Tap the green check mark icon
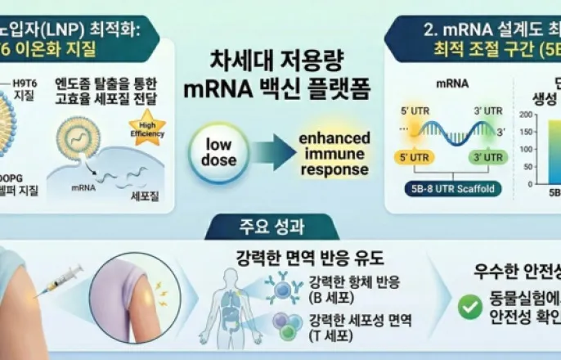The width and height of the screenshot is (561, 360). (469, 307)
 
